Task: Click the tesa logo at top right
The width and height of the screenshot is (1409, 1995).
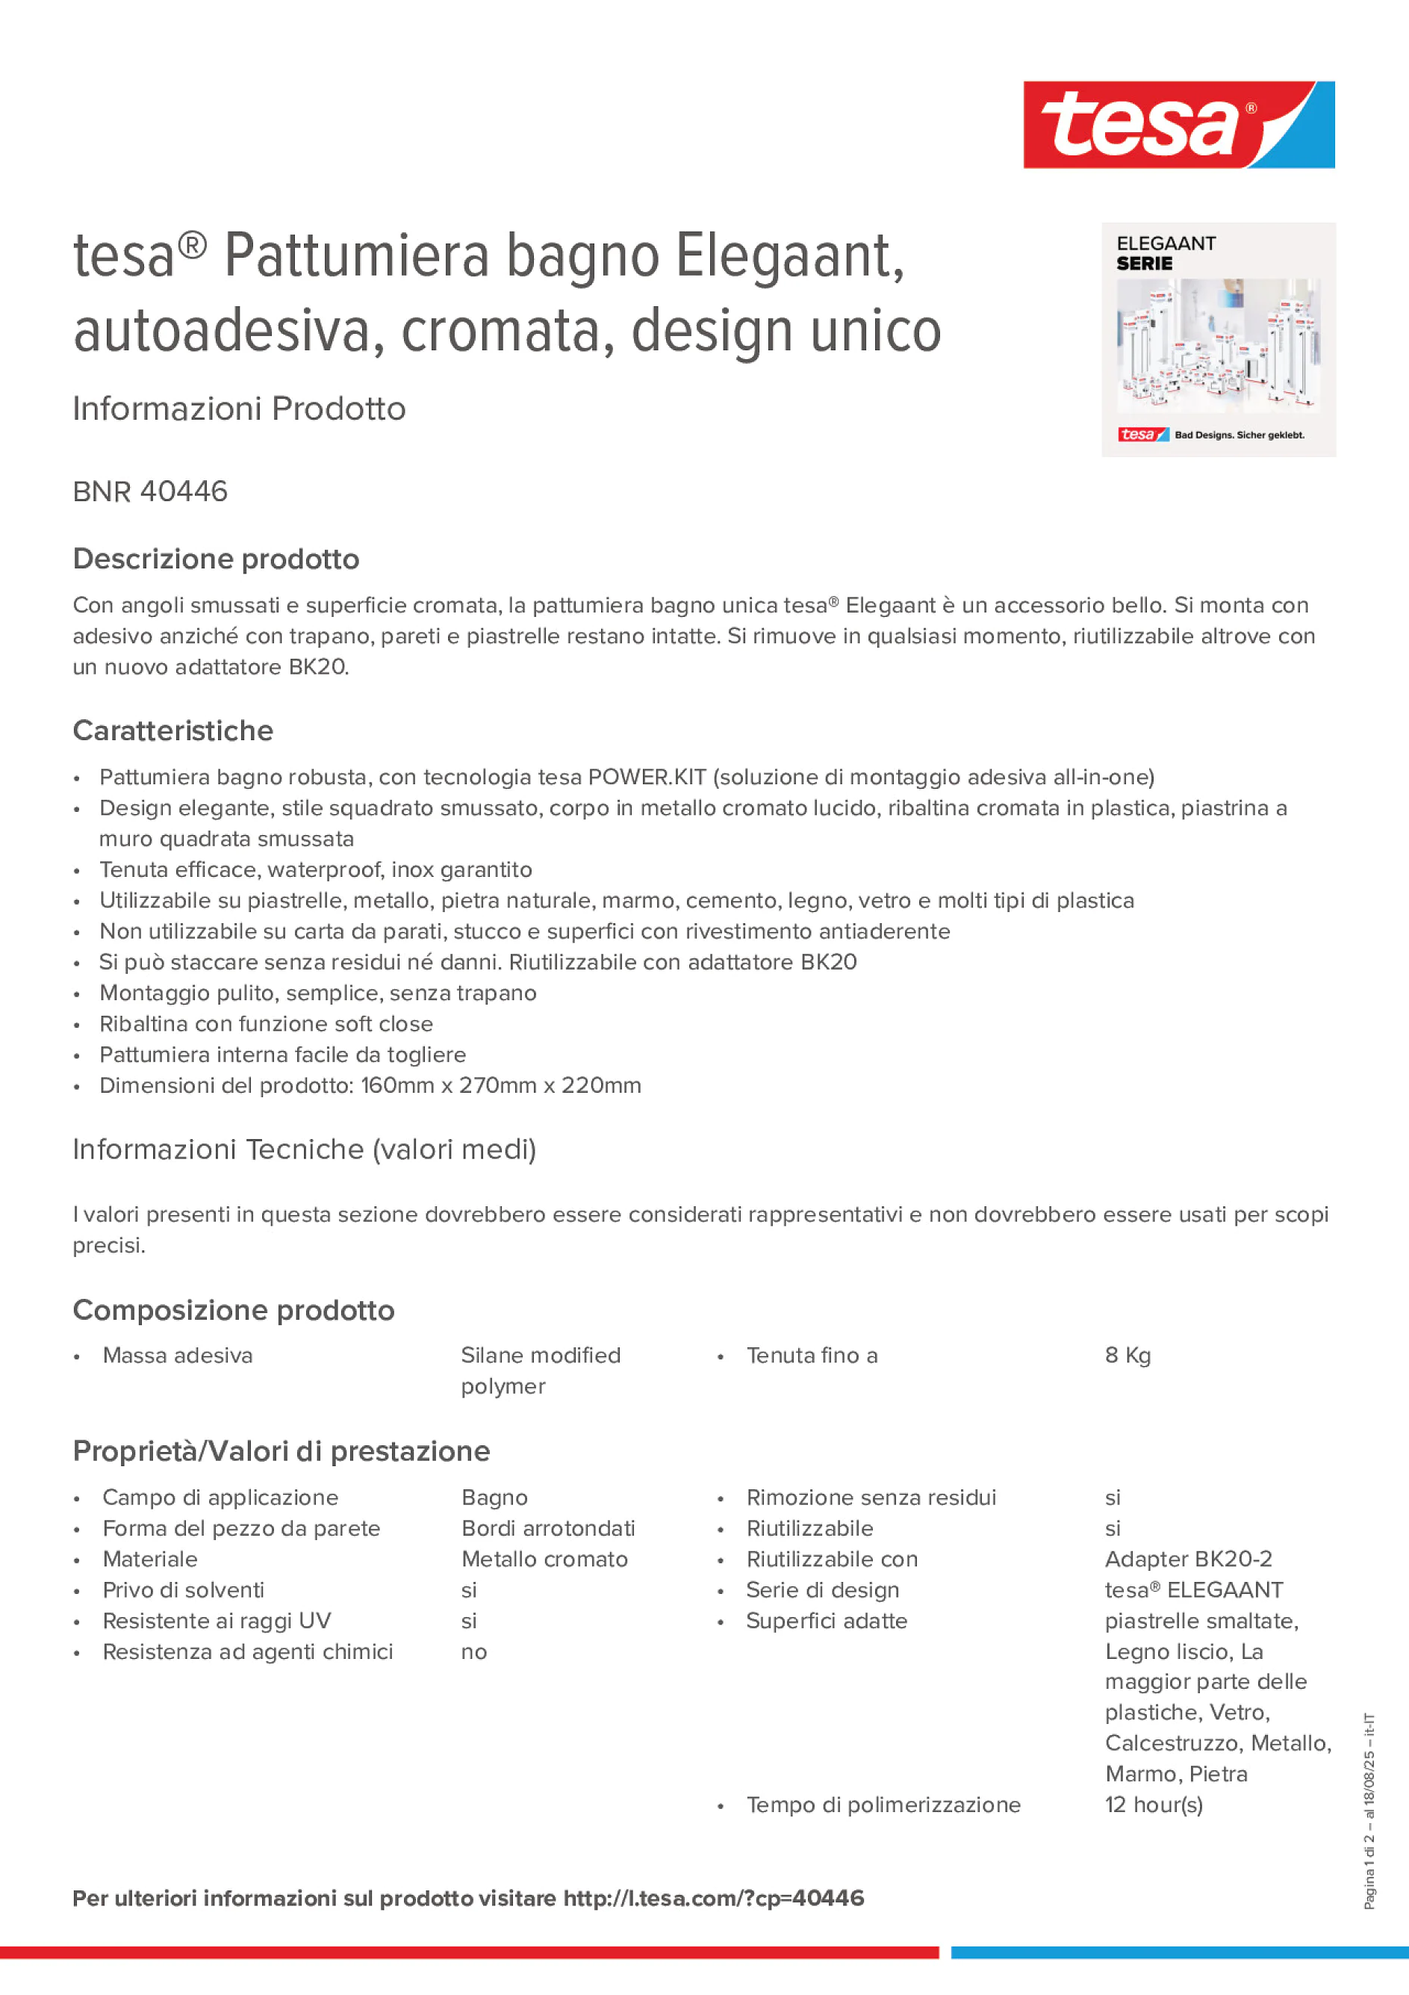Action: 1178,124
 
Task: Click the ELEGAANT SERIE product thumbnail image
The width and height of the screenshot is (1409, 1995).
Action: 1218,340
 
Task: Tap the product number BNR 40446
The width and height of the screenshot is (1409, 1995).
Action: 150,491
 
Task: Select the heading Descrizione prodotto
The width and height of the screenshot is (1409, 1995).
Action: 216,559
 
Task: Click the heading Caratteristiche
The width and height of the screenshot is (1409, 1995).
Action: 173,730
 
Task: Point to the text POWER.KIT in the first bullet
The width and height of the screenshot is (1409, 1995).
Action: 647,777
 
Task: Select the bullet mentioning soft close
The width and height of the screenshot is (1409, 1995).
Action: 266,1023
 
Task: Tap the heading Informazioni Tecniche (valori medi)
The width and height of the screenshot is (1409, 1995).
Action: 304,1149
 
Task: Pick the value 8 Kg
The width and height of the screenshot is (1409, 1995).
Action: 1127,1356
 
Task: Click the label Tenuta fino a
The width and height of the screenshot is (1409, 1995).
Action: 812,1356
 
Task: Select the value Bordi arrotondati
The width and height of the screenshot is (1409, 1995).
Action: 547,1528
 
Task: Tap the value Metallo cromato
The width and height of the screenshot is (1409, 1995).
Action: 544,1559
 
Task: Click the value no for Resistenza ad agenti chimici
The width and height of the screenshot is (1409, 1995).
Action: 473,1651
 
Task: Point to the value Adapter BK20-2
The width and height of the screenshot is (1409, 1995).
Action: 1187,1559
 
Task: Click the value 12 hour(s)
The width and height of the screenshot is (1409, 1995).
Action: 1153,1805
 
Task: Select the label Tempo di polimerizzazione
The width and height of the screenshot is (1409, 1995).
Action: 883,1805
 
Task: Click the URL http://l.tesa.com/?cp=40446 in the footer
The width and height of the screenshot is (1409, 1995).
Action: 713,1899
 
